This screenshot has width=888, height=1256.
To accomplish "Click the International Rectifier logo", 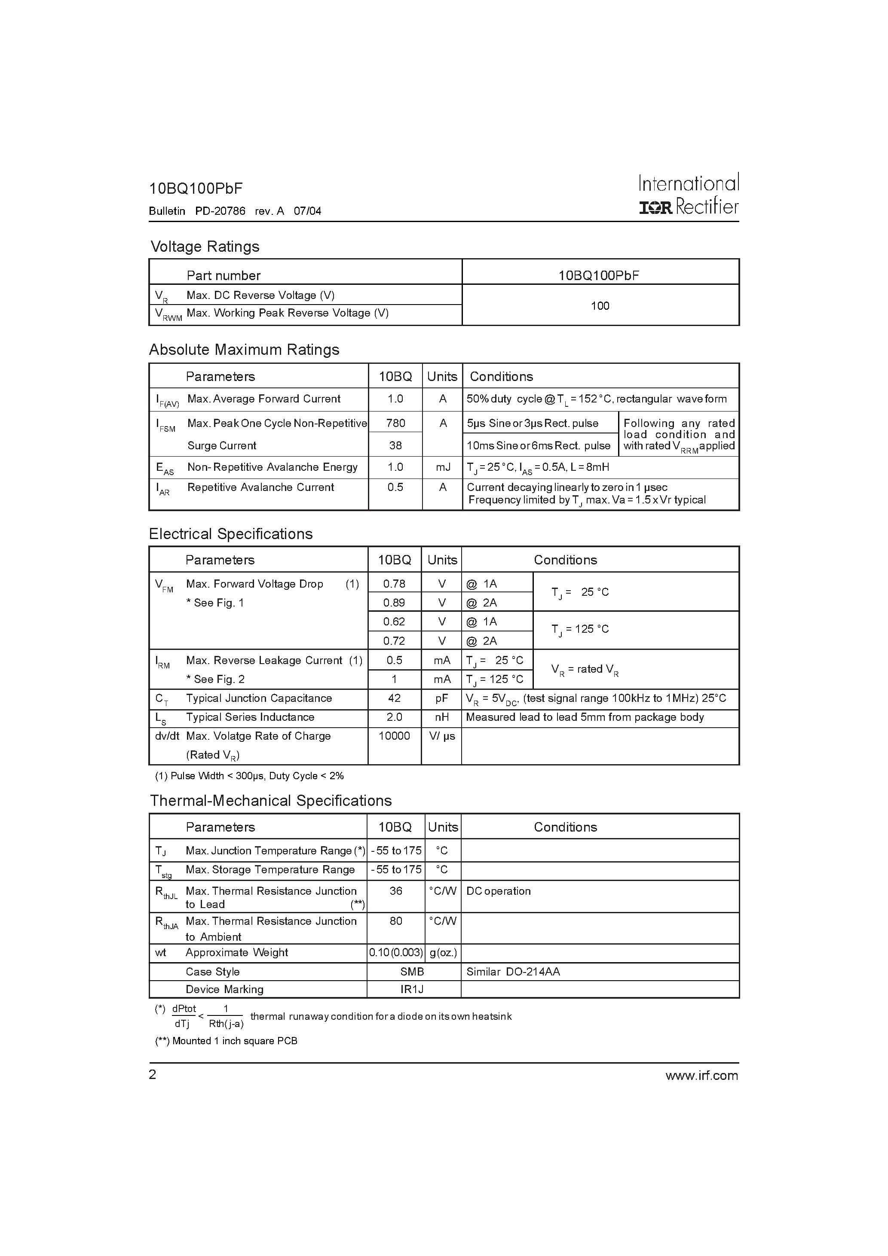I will pyautogui.click(x=688, y=195).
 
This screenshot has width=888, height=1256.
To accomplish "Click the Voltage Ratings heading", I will pyautogui.click(x=205, y=247).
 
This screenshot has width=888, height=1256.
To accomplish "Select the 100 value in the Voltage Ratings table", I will pyautogui.click(x=600, y=306).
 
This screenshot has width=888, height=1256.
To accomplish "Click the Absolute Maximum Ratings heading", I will pyautogui.click(x=244, y=350).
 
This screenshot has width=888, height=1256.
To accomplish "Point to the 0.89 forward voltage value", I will pyautogui.click(x=394, y=603).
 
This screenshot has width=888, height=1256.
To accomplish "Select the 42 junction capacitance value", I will pyautogui.click(x=394, y=698).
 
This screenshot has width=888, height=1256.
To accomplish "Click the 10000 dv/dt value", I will pyautogui.click(x=394, y=736).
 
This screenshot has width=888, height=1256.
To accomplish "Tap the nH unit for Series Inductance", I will pyautogui.click(x=441, y=717).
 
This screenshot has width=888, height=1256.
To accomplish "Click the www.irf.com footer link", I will pyautogui.click(x=701, y=1076).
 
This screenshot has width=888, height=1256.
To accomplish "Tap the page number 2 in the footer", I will pyautogui.click(x=153, y=1075).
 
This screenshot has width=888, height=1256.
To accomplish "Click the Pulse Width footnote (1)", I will pyautogui.click(x=249, y=776).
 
